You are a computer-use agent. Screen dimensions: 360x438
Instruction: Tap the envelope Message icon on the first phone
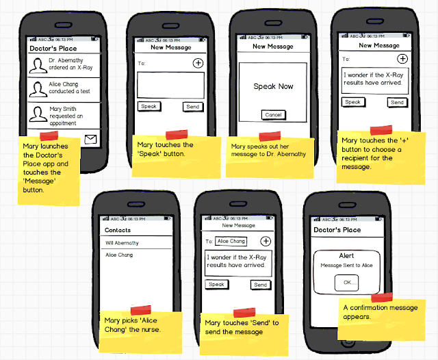coord(91,140)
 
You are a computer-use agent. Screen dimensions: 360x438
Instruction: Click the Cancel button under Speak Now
coord(273,115)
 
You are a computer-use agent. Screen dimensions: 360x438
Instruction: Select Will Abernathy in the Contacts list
coord(122,243)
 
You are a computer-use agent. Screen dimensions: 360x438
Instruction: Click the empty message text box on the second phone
coord(170,86)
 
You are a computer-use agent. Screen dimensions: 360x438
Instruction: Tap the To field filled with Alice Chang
coord(231,241)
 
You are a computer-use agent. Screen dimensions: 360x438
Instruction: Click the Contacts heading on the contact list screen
coord(118,230)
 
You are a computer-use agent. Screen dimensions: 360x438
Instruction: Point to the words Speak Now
coord(273,87)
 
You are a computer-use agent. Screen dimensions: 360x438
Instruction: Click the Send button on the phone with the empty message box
coord(193,107)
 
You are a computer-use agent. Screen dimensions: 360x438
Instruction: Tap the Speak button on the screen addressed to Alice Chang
coord(216,285)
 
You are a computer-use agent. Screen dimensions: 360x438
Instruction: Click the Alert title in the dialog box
coord(346,255)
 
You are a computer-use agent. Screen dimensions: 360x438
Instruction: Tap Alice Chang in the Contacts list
coord(119,255)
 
